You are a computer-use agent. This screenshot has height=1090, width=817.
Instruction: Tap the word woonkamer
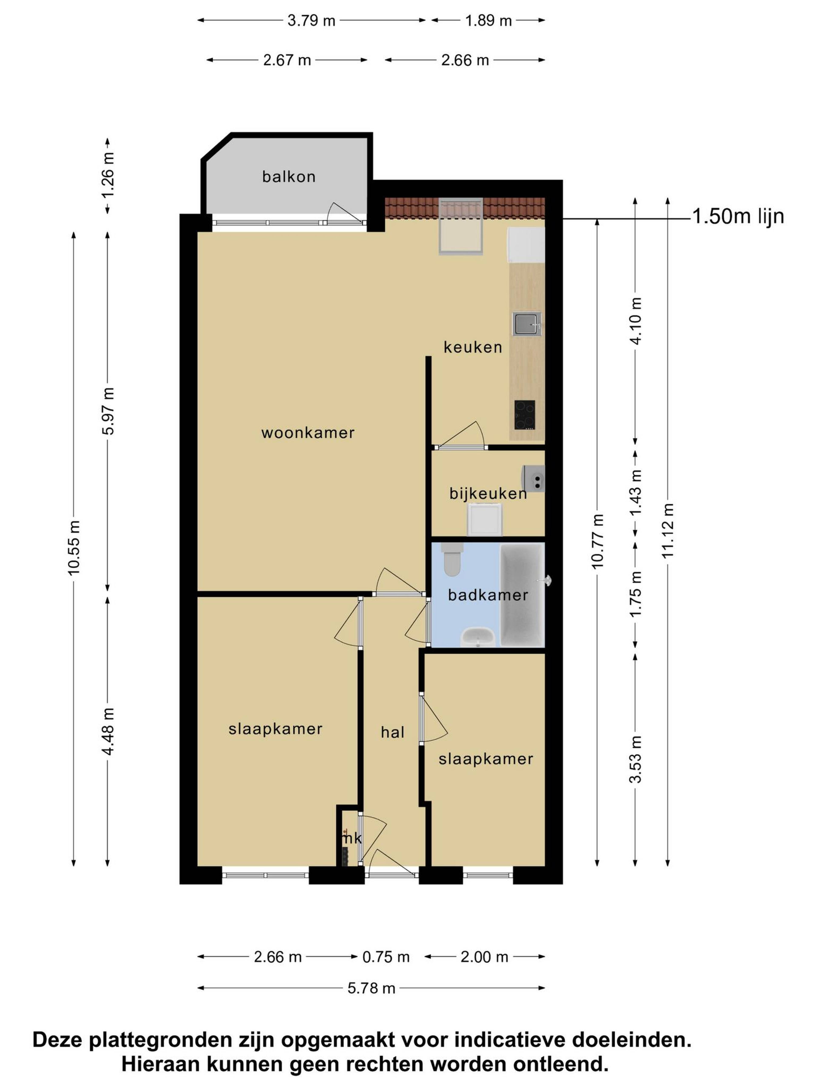click(308, 433)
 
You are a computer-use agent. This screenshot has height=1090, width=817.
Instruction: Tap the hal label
click(393, 732)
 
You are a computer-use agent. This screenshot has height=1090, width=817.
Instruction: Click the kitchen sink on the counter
click(526, 324)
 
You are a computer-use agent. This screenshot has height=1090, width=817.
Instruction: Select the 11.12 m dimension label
click(667, 531)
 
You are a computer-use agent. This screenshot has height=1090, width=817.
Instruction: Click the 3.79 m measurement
click(311, 21)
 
